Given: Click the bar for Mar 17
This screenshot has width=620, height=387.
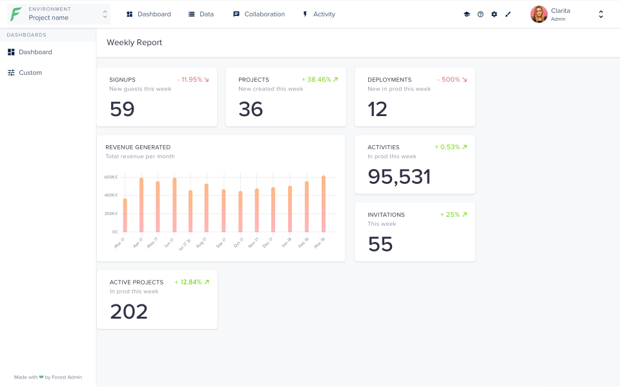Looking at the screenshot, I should click(x=125, y=215).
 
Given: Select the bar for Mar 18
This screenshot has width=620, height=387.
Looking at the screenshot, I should click(x=324, y=204).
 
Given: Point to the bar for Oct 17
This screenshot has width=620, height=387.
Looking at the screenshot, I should click(x=240, y=212).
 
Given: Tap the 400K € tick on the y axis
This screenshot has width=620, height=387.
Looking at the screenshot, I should click(x=110, y=195).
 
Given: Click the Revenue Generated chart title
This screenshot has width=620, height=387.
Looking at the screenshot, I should click(x=138, y=147).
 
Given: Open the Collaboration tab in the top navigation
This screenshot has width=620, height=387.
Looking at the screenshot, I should click(x=258, y=14).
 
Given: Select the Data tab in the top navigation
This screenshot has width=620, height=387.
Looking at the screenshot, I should click(x=201, y=14).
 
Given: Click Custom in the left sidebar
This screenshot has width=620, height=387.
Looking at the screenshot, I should click(x=30, y=73).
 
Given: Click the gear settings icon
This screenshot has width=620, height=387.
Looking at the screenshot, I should click(x=494, y=14).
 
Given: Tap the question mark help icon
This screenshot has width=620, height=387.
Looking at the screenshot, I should click(x=480, y=14).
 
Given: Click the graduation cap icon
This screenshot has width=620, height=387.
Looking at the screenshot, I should click(x=467, y=14).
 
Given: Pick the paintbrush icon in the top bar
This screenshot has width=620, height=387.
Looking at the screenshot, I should click(x=508, y=14).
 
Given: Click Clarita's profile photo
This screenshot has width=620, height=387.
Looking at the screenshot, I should click(x=539, y=14).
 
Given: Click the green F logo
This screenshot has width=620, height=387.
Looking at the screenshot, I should click(x=15, y=14).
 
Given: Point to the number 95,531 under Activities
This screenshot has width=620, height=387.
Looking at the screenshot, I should click(x=399, y=177).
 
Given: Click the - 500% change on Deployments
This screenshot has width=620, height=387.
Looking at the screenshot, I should click(x=451, y=80).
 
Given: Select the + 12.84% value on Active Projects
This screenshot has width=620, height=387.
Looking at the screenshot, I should click(x=191, y=282).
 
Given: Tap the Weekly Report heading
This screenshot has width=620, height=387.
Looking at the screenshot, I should click(x=134, y=43).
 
